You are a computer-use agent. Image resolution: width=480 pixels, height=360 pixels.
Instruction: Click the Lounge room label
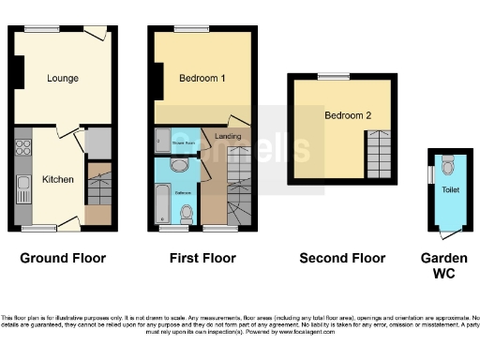[63, 78]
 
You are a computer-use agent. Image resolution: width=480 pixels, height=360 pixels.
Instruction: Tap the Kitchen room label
[57, 179]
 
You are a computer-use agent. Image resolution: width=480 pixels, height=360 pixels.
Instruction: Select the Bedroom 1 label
[202, 78]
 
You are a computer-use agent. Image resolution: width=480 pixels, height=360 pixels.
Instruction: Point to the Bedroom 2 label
[342, 115]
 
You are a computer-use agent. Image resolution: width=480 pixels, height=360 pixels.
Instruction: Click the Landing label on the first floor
[229, 138]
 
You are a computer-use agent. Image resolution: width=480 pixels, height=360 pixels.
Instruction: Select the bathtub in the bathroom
[164, 200]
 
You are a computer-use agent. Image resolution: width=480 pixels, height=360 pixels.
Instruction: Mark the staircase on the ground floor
[97, 187]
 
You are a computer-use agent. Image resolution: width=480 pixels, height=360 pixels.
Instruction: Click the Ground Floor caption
[63, 258]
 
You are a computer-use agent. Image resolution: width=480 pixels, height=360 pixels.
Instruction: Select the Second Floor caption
[342, 258]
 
